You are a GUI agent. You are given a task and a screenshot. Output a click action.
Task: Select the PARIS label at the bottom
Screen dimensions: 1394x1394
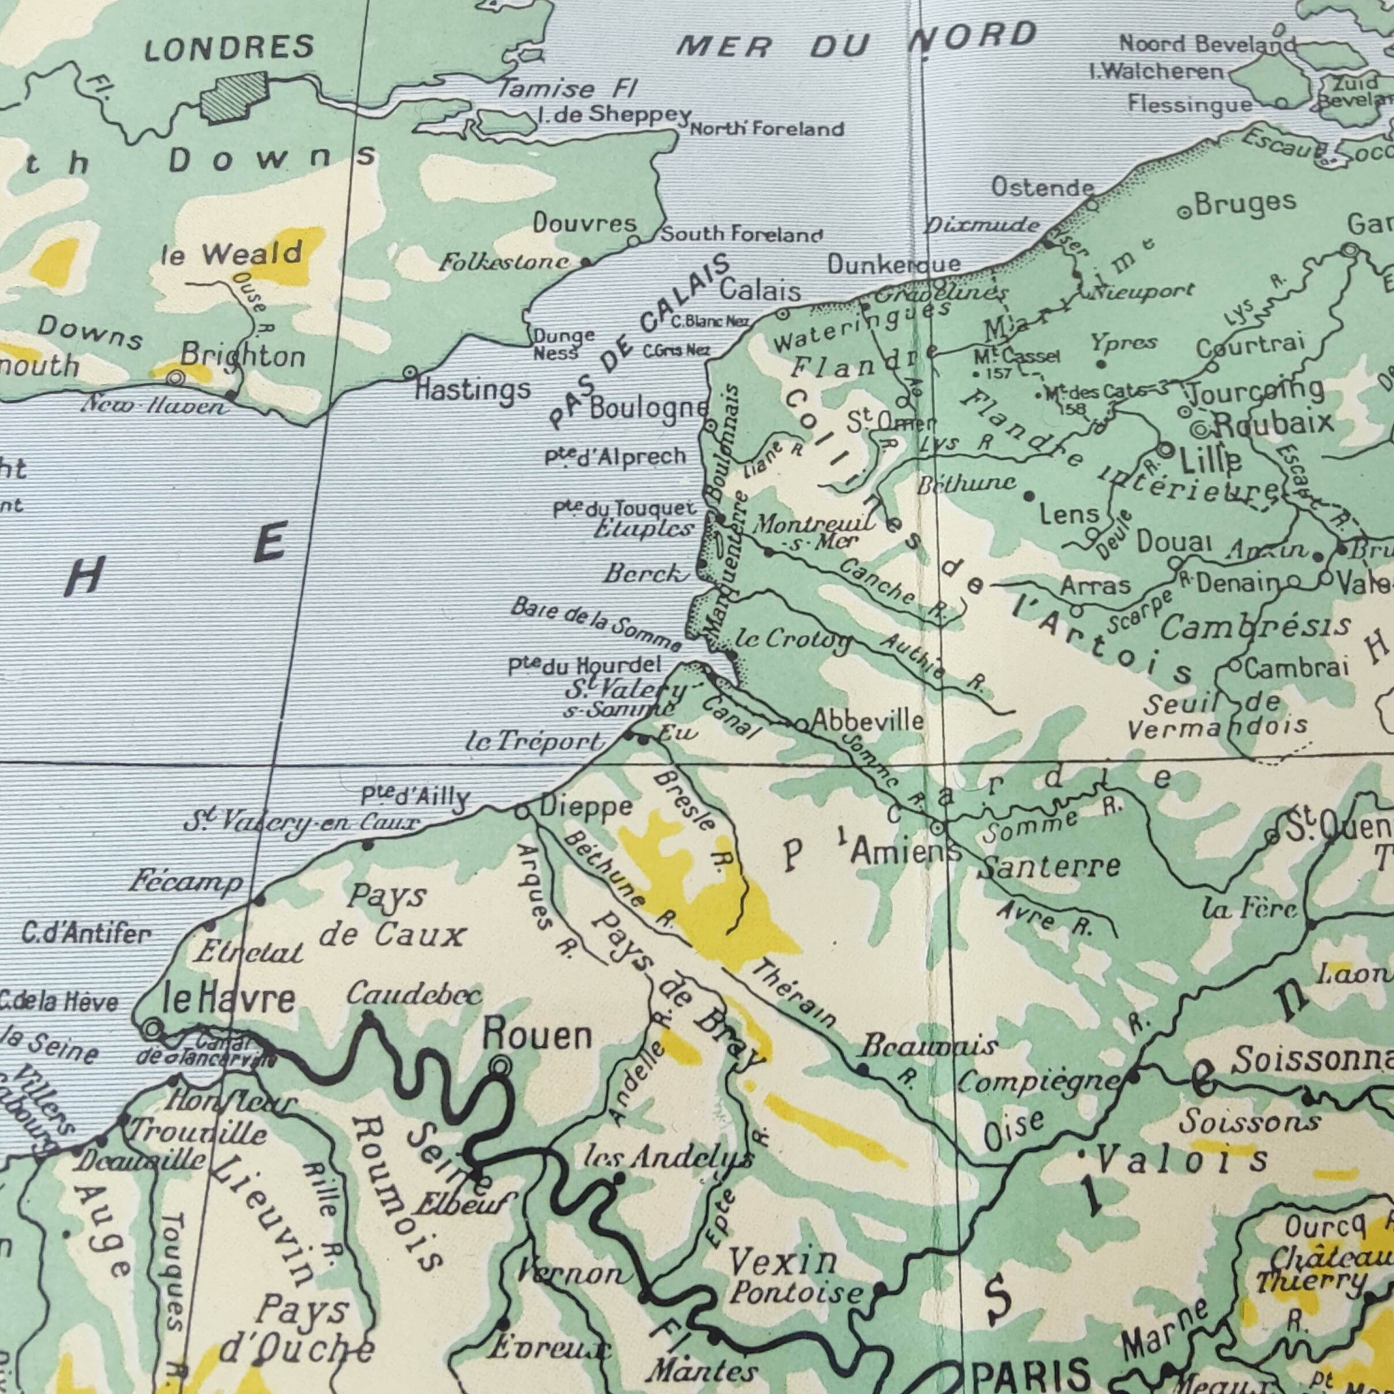[x=1031, y=1372]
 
